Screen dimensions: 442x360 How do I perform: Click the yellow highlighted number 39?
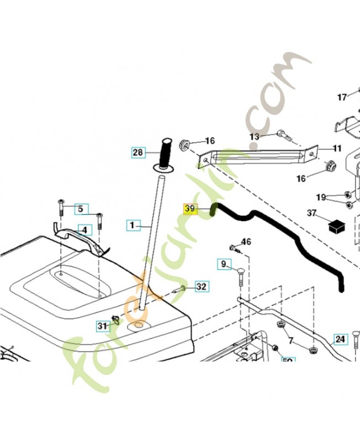pos(190,209)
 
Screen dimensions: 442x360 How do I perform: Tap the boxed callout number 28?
pos(138,151)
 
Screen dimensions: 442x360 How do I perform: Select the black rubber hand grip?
pos(166,151)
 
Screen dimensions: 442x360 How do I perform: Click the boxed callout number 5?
pos(80,208)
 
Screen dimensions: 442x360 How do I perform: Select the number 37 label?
pos(312,214)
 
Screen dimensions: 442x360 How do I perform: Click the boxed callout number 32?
pos(202,286)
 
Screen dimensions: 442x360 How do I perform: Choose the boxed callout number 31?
pos(102,326)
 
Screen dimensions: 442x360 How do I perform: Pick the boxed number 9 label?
pos(224,264)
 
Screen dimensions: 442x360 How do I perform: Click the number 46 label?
pos(246,242)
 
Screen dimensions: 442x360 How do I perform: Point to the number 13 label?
pos(254,136)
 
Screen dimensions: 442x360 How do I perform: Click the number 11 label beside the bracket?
pos(337,148)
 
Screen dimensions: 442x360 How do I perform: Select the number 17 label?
pos(342,97)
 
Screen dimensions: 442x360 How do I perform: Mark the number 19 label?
pos(321,197)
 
